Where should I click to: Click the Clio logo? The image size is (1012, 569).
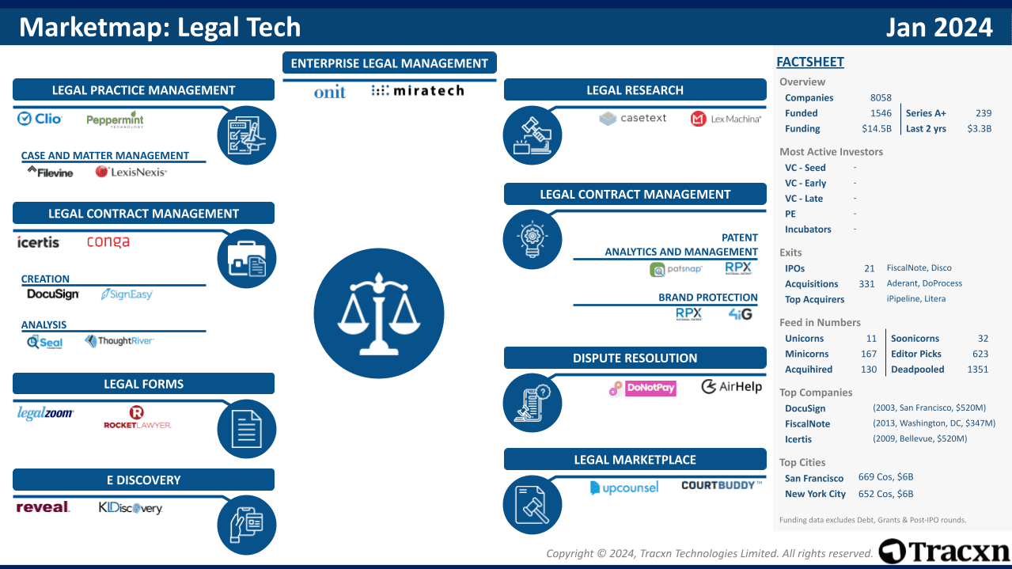[40, 119]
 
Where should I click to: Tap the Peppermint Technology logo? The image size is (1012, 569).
[115, 120]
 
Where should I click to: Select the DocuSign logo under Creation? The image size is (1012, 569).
[53, 294]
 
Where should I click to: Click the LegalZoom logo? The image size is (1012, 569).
[46, 413]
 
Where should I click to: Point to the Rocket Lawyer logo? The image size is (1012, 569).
[137, 417]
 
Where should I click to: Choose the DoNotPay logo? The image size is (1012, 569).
[642, 388]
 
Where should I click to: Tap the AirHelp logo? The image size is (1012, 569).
[731, 387]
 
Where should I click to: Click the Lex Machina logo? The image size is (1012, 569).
[726, 119]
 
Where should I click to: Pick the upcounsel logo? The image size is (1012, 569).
[624, 487]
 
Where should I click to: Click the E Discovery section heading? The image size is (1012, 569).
[143, 480]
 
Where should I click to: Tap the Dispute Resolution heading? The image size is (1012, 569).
[635, 358]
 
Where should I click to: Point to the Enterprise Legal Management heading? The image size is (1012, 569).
[389, 63]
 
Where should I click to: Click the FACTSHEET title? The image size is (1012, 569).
[810, 62]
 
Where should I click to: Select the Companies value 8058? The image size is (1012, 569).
[880, 98]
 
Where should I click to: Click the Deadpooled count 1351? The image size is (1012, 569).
[977, 370]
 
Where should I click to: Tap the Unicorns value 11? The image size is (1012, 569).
[871, 339]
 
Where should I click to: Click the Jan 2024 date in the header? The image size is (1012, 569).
[939, 28]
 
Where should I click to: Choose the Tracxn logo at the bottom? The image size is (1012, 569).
[944, 551]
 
